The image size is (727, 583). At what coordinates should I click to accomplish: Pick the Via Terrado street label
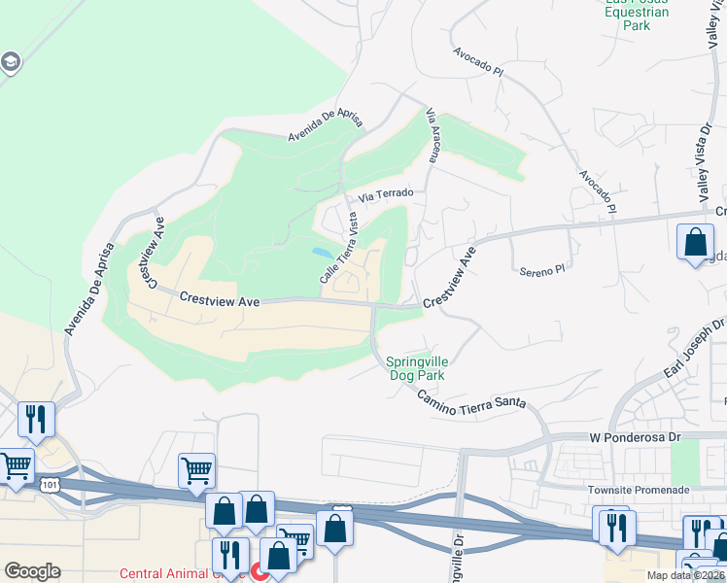tap(386, 195)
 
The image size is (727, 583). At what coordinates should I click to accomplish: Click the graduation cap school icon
tap(12, 63)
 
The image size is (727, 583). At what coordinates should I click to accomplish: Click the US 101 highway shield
tap(49, 483)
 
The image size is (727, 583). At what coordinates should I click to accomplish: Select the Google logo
tap(32, 570)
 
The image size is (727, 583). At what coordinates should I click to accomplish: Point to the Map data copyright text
tap(683, 575)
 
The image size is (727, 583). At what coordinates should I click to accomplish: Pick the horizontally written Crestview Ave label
tap(220, 302)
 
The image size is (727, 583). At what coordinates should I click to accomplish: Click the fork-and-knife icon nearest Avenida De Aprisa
tap(36, 420)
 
